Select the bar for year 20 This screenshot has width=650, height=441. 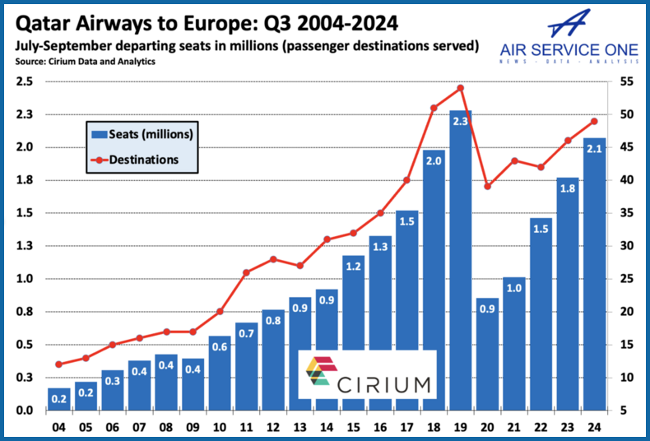click(487, 354)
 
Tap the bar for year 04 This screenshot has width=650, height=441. click(58, 399)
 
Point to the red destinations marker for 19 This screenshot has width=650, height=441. click(461, 88)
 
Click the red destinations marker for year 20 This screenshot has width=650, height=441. click(487, 187)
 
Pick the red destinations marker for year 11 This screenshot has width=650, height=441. click(246, 272)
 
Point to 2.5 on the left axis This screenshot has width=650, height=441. click(24, 81)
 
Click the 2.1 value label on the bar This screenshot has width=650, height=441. click(594, 149)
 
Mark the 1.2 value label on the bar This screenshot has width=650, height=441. click(353, 267)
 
